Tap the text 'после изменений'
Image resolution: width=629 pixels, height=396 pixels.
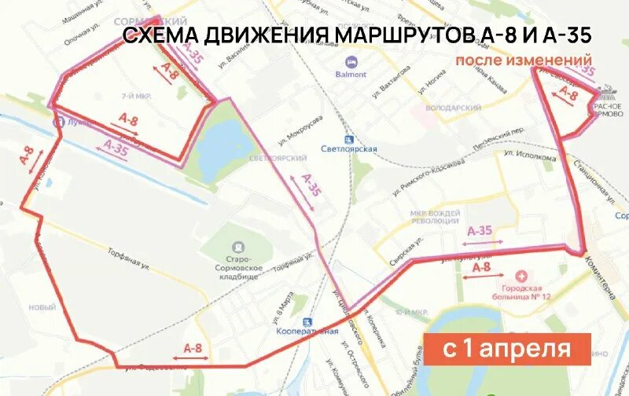point(523,60)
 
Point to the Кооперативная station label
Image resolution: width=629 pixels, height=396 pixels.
point(307,331)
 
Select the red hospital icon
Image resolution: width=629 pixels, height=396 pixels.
point(520,277)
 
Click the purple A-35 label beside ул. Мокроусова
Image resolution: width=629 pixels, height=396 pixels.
point(311,186)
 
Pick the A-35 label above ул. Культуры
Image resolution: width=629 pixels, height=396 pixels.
point(479,230)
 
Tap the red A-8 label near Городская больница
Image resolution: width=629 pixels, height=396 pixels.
point(481,268)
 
